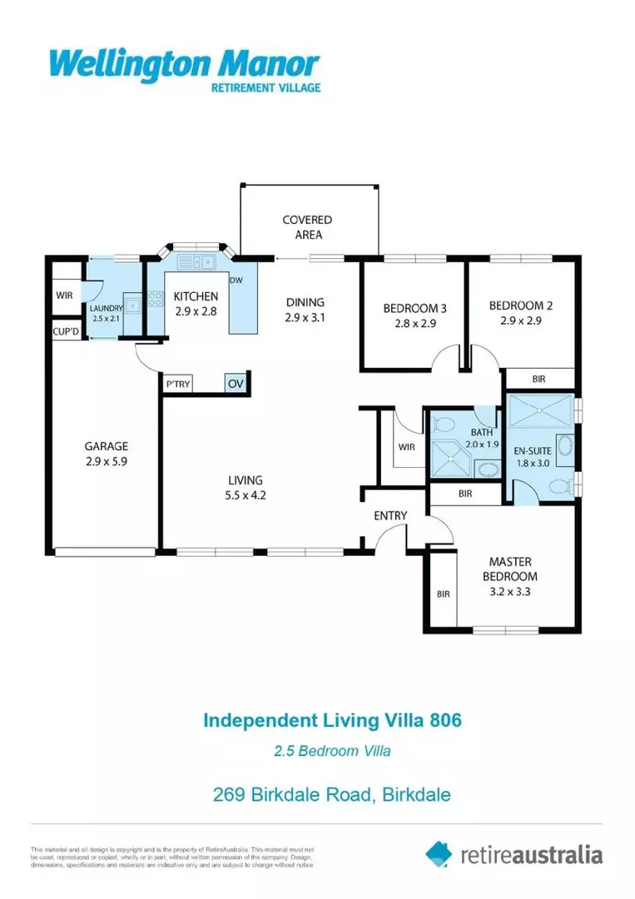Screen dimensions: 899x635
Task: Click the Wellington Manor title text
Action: click(184, 64)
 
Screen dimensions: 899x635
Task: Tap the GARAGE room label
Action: click(107, 445)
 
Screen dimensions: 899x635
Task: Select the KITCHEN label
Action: click(196, 296)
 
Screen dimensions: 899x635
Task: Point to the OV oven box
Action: click(236, 384)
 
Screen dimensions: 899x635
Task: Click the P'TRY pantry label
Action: click(177, 385)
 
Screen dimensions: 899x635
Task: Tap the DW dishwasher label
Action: click(236, 281)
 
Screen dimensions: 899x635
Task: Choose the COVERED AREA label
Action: click(307, 227)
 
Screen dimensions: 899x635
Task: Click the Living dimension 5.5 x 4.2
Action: click(246, 494)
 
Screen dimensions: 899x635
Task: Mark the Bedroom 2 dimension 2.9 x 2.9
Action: click(521, 320)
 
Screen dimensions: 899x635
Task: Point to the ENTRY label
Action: click(390, 516)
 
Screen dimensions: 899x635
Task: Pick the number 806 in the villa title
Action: click(442, 719)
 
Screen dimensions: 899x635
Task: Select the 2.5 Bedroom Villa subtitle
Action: click(332, 751)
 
